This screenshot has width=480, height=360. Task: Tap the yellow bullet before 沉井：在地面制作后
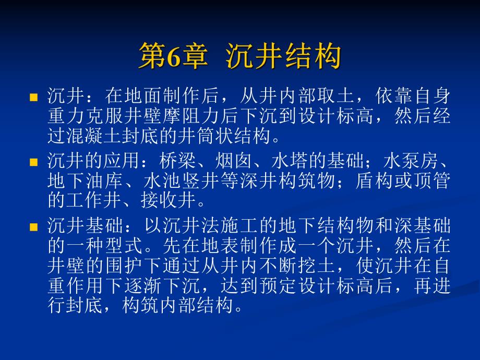click(34, 97)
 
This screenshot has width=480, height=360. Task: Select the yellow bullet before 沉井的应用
click(34, 162)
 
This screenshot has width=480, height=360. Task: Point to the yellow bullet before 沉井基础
click(34, 227)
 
